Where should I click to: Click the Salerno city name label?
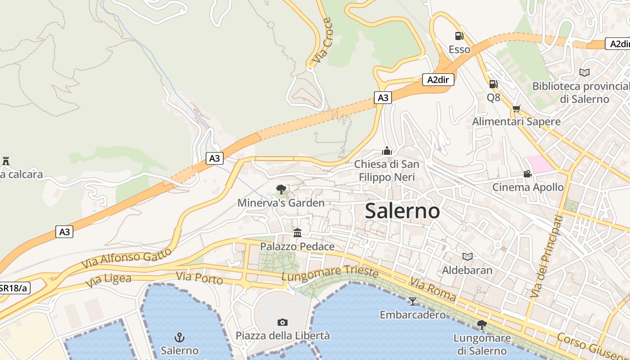(402, 211)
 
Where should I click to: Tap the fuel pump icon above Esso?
(459, 36)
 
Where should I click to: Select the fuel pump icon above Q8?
(493, 84)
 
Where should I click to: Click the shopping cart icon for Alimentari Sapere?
(516, 108)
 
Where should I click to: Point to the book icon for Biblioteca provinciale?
(585, 72)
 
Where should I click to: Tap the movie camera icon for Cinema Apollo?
(527, 174)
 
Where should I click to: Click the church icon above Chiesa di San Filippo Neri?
(387, 151)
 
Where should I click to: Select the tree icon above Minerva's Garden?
(281, 189)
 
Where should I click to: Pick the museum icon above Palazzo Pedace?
(297, 233)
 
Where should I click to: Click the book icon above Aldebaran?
(468, 256)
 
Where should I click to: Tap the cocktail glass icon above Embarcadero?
(413, 301)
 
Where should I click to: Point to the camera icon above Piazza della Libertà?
(283, 322)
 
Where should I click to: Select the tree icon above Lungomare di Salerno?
(482, 324)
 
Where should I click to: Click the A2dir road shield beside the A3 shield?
(438, 80)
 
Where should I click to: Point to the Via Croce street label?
(323, 40)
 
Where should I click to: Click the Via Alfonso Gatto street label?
(126, 258)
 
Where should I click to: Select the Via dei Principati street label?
(547, 256)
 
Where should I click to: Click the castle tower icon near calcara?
(6, 161)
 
